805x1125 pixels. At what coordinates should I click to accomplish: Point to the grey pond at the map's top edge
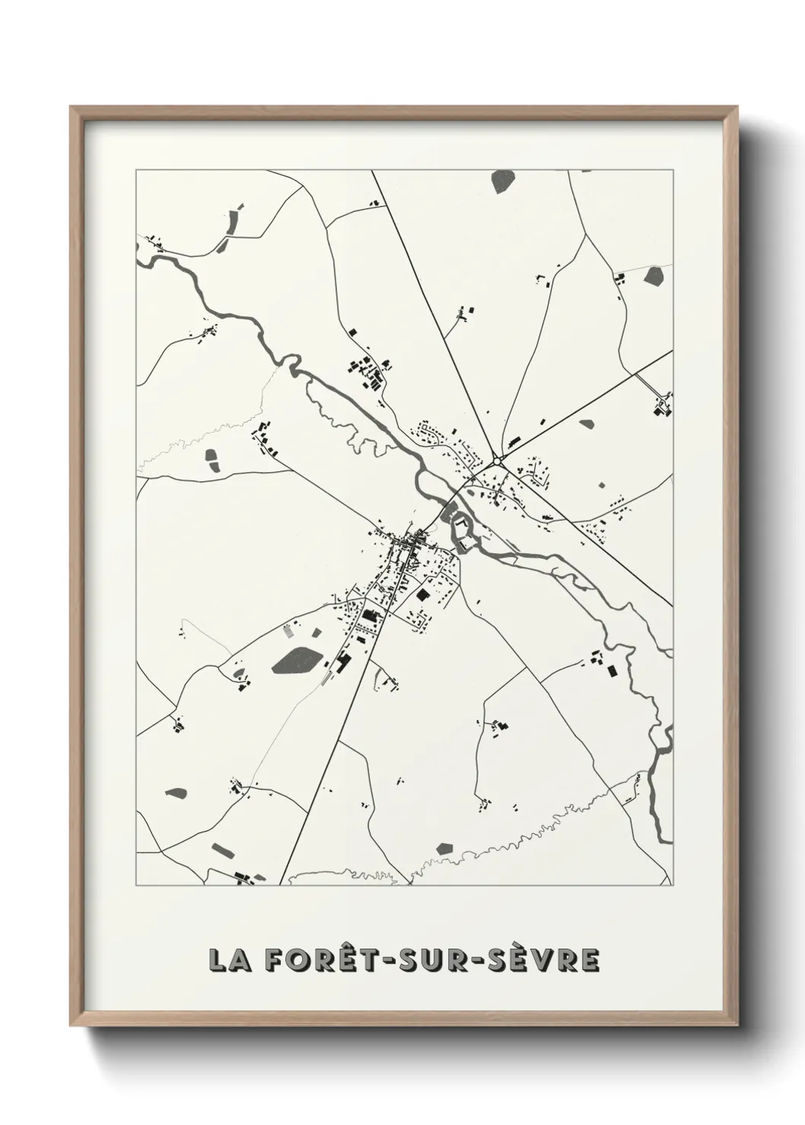tap(503, 181)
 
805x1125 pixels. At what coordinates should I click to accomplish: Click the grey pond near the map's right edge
tap(654, 276)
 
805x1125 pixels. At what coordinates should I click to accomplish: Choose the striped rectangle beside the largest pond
tap(288, 630)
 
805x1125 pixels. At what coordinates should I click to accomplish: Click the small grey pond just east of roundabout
tap(586, 424)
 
